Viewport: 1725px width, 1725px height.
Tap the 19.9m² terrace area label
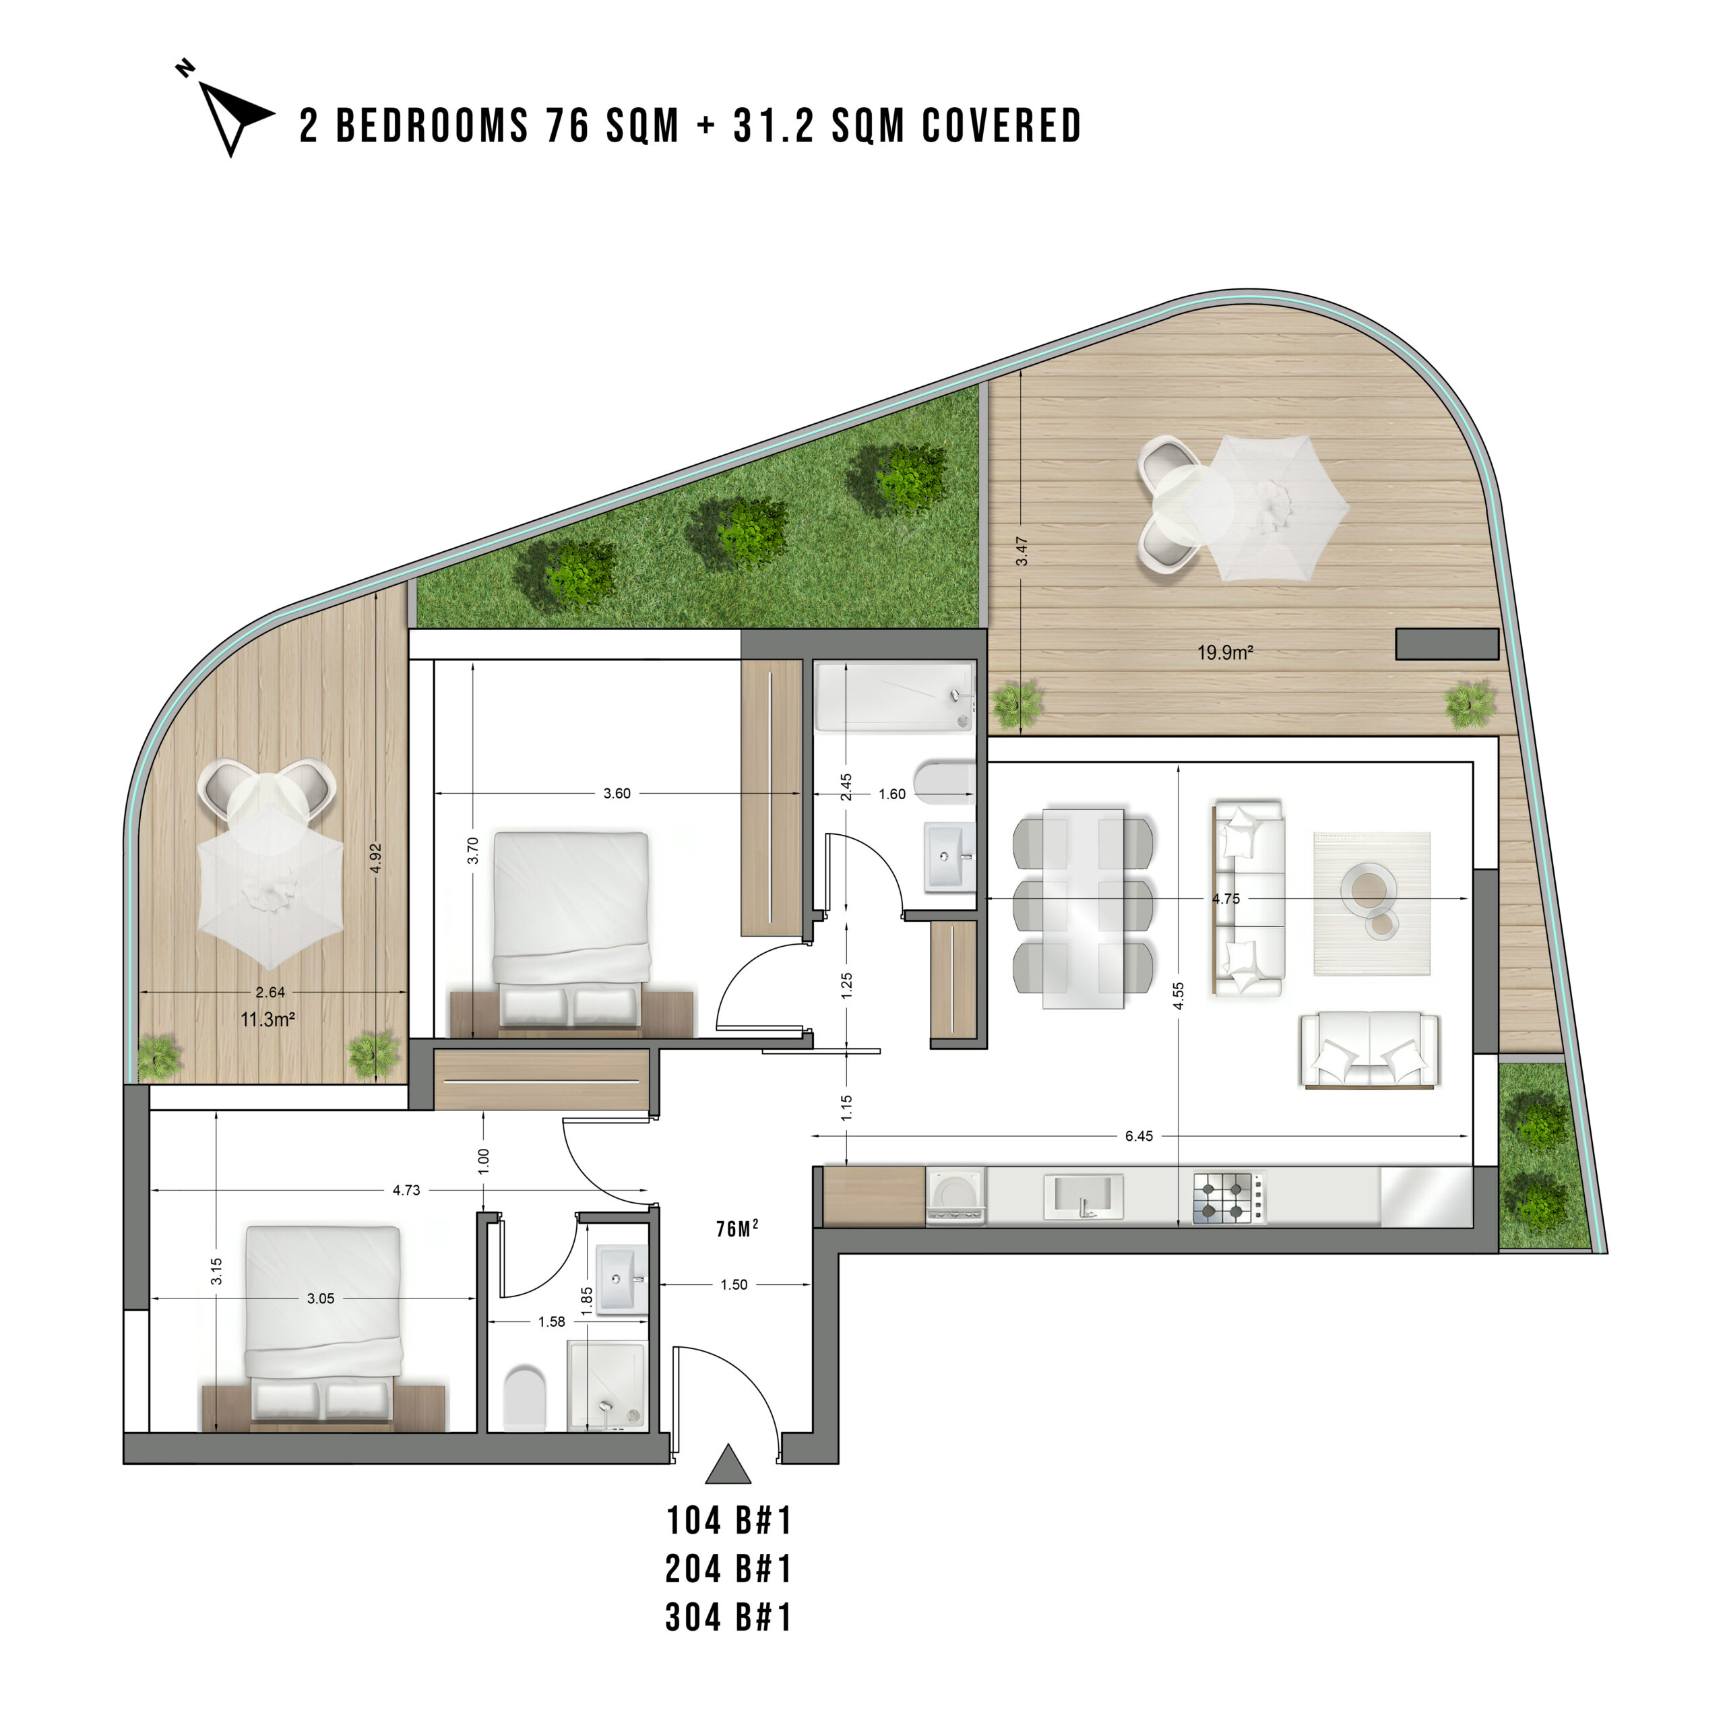tap(1225, 653)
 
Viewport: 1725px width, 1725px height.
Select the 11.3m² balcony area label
tap(267, 1020)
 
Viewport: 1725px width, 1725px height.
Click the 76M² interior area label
tap(736, 1230)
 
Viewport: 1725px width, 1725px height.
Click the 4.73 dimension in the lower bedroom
tap(406, 1190)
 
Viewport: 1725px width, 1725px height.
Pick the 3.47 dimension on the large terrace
tap(1022, 551)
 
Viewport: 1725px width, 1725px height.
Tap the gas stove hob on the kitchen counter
tap(1228, 1198)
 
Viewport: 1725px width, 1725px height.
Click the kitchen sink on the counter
tap(1083, 1195)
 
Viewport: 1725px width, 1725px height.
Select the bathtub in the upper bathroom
tap(893, 697)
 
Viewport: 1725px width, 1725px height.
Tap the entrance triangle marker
tap(728, 1464)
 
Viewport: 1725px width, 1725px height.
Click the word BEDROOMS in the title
tap(432, 125)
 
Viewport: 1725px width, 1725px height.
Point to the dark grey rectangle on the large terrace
tap(1447, 644)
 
